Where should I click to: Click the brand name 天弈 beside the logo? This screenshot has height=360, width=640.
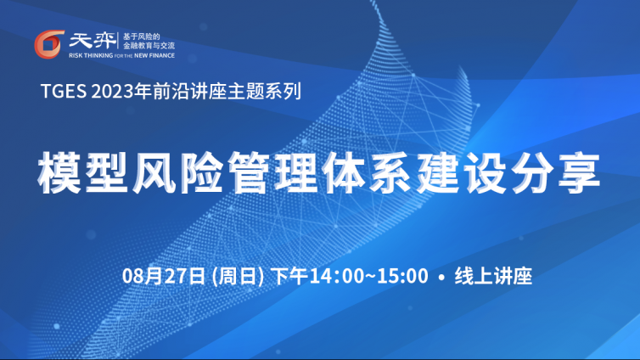coord(93,41)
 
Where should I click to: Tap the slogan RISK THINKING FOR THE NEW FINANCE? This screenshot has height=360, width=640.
coord(121,55)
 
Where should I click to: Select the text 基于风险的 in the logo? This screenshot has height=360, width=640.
coord(141,37)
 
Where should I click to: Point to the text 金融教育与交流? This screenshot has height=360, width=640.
coord(149,45)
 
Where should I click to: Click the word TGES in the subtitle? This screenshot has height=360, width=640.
coord(64,91)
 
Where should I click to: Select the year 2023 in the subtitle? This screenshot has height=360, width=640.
coord(113,91)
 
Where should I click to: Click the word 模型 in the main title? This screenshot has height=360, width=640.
coord(83,172)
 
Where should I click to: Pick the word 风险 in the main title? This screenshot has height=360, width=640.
coord(177,172)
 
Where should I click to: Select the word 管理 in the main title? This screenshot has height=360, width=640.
coord(272,172)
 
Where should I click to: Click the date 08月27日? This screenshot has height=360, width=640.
coord(163,276)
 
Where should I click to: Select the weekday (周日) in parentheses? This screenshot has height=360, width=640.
coord(239,276)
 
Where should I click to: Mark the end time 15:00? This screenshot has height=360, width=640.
coord(402,276)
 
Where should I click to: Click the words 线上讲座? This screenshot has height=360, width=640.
coord(493,276)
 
